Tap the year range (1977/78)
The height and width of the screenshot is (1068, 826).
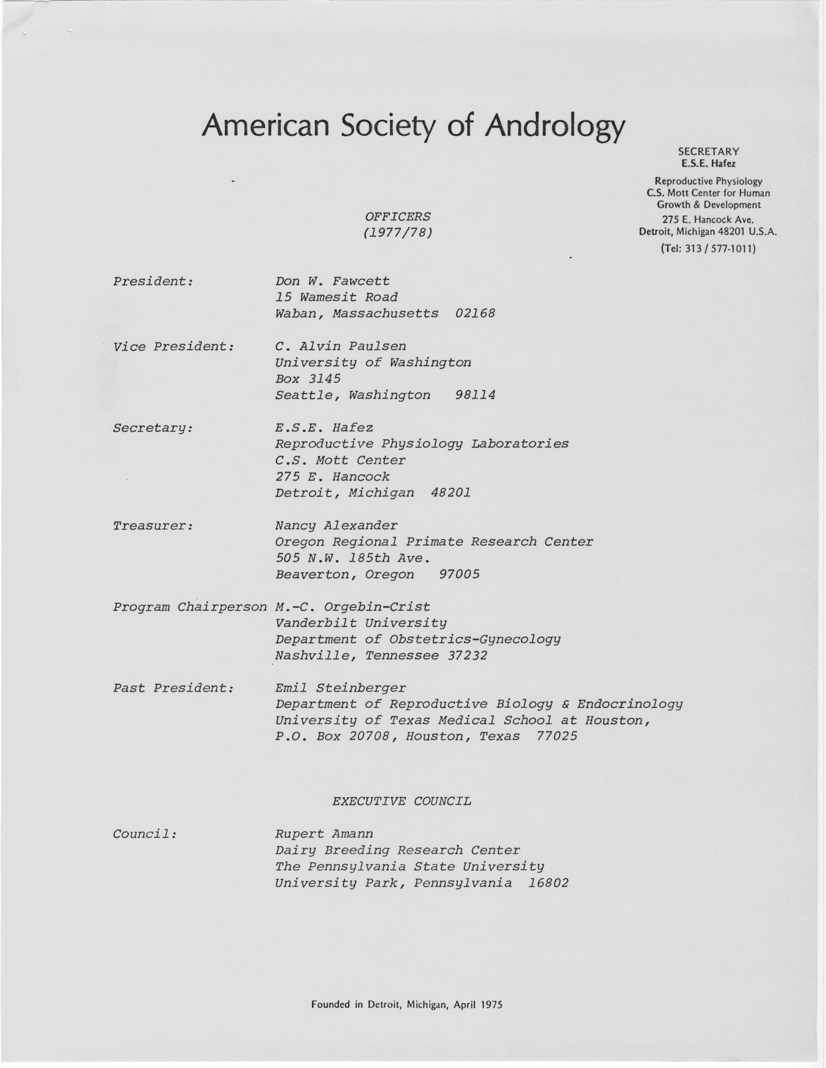398,233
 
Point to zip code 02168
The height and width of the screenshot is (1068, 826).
475,313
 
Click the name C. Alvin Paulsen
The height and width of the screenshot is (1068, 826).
341,346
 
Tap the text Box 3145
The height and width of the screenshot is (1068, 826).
308,379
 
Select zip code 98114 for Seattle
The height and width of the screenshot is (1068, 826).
475,395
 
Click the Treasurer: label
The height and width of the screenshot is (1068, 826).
153,526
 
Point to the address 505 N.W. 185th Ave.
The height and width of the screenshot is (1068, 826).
352,558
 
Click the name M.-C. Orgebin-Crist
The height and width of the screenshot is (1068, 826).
352,607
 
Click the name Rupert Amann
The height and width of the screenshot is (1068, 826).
324,834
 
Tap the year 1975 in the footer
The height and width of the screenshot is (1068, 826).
491,1005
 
